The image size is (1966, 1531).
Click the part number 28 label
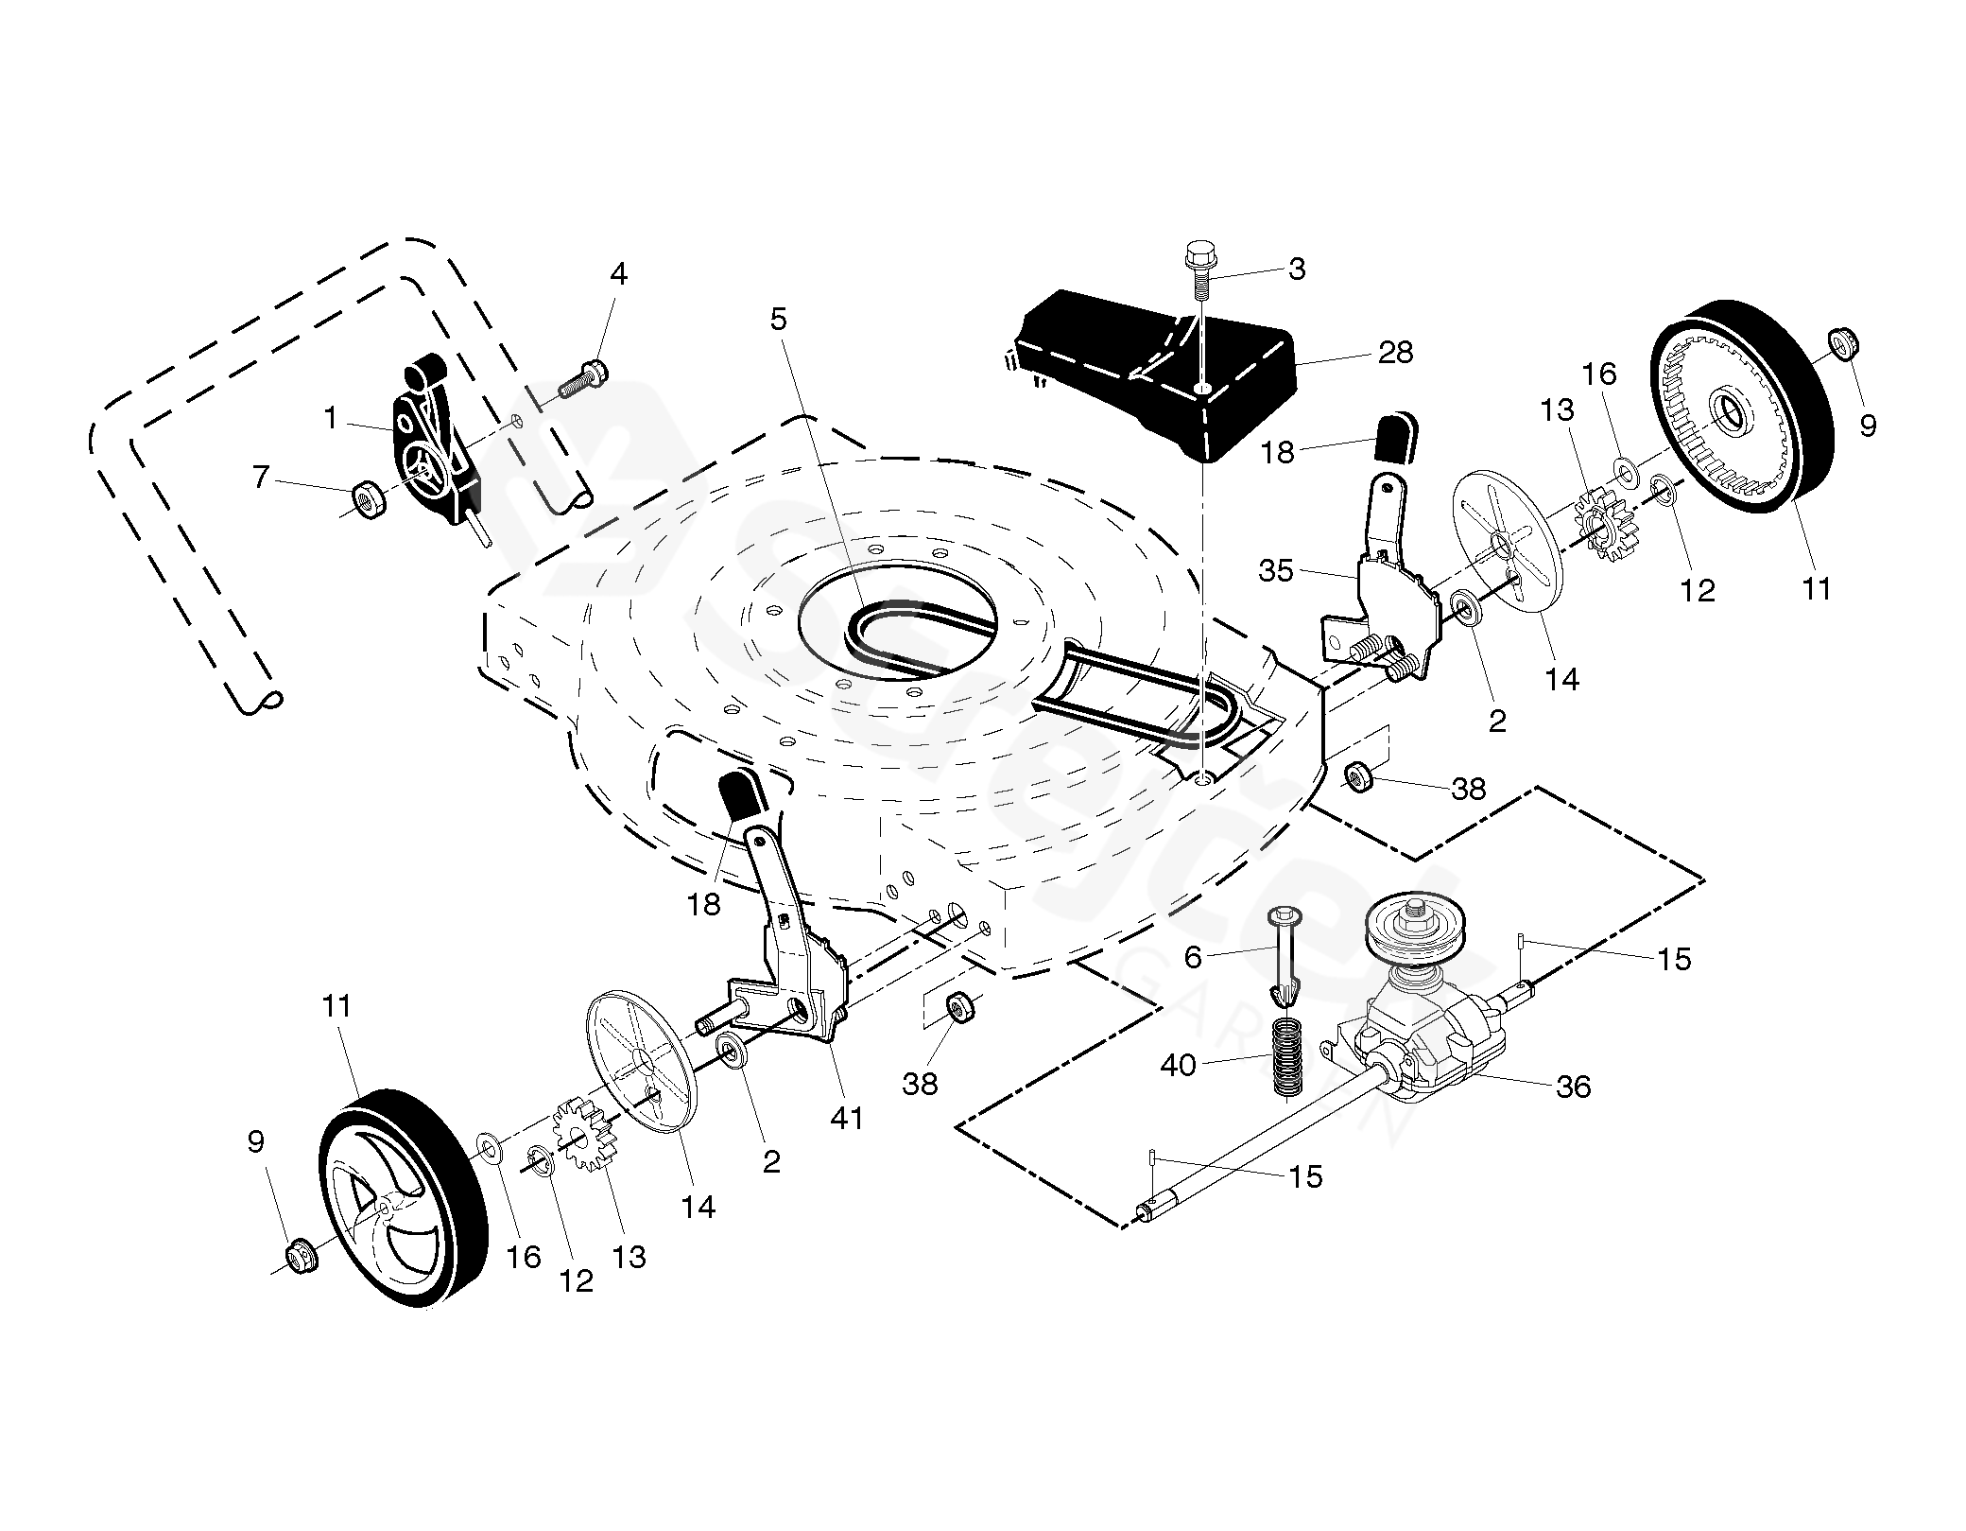click(1395, 353)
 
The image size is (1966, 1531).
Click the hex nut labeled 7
click(367, 497)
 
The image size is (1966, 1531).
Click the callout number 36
click(1573, 1087)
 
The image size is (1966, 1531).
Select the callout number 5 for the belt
click(778, 319)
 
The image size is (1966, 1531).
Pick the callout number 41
click(846, 1118)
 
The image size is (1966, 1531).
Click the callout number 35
click(1276, 571)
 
